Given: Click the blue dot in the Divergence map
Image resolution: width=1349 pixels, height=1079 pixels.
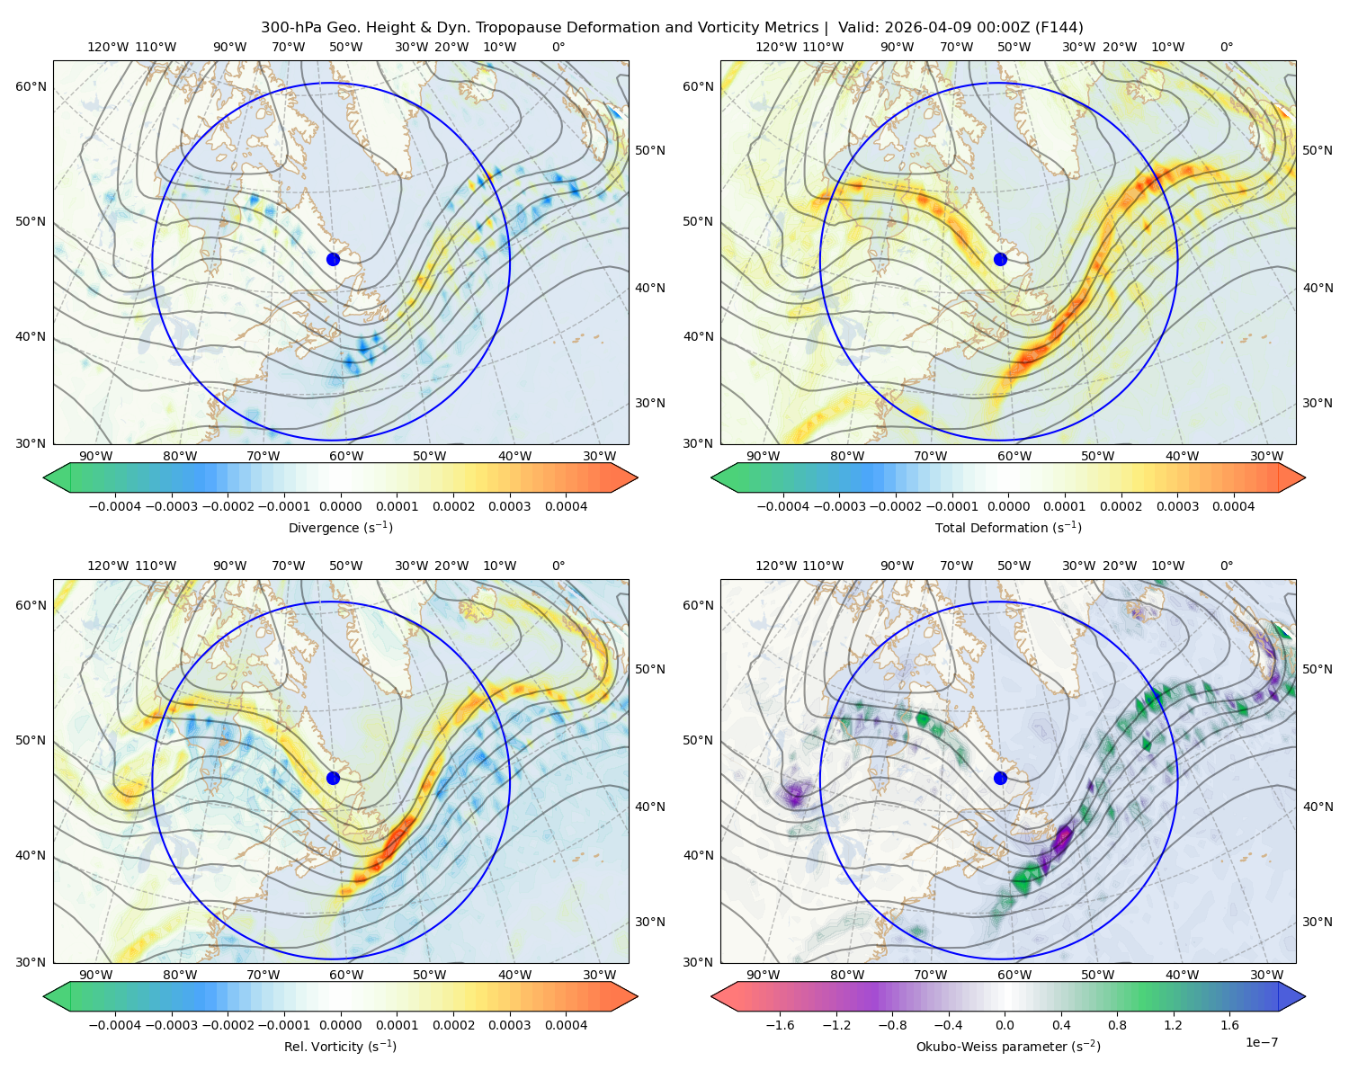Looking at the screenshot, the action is coord(333,259).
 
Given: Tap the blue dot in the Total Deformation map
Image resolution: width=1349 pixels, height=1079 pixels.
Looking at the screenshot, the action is coord(1000,259).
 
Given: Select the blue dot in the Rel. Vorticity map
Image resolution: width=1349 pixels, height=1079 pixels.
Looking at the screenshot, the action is coord(333,778).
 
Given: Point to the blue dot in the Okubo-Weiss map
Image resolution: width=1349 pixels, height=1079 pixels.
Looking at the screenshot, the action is coord(1000,778).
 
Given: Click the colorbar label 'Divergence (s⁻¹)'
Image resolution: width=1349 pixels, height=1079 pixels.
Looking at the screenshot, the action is coord(340,527).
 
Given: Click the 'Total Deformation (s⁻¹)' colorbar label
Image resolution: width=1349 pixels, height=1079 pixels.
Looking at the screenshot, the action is coord(1008,527).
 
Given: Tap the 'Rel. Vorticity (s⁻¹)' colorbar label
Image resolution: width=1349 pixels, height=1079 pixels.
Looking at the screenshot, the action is coord(340,1046).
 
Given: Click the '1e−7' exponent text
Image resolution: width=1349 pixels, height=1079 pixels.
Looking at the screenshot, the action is coord(1261,1041).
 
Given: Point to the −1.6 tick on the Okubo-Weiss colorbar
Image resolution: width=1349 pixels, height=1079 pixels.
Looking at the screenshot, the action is coord(780,1024).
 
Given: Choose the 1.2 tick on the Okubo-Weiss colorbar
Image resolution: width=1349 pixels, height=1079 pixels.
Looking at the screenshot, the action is coord(1173,1024).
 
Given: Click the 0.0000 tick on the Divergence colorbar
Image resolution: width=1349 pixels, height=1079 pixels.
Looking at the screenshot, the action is coord(340,506).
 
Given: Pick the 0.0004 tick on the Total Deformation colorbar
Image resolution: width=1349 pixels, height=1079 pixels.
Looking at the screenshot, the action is coord(1233,506).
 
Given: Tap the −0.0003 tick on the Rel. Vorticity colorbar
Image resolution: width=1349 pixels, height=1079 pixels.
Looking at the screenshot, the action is coord(171,1024).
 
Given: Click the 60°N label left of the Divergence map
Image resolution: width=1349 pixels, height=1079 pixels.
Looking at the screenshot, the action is coord(31,86).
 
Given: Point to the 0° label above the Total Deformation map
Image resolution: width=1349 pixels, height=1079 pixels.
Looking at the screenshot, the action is coord(1226,47).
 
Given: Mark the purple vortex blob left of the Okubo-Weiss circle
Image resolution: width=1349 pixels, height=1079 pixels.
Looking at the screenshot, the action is coord(796,794).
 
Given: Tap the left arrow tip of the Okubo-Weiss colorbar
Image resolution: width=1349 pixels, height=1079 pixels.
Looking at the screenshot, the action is coord(711,995).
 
